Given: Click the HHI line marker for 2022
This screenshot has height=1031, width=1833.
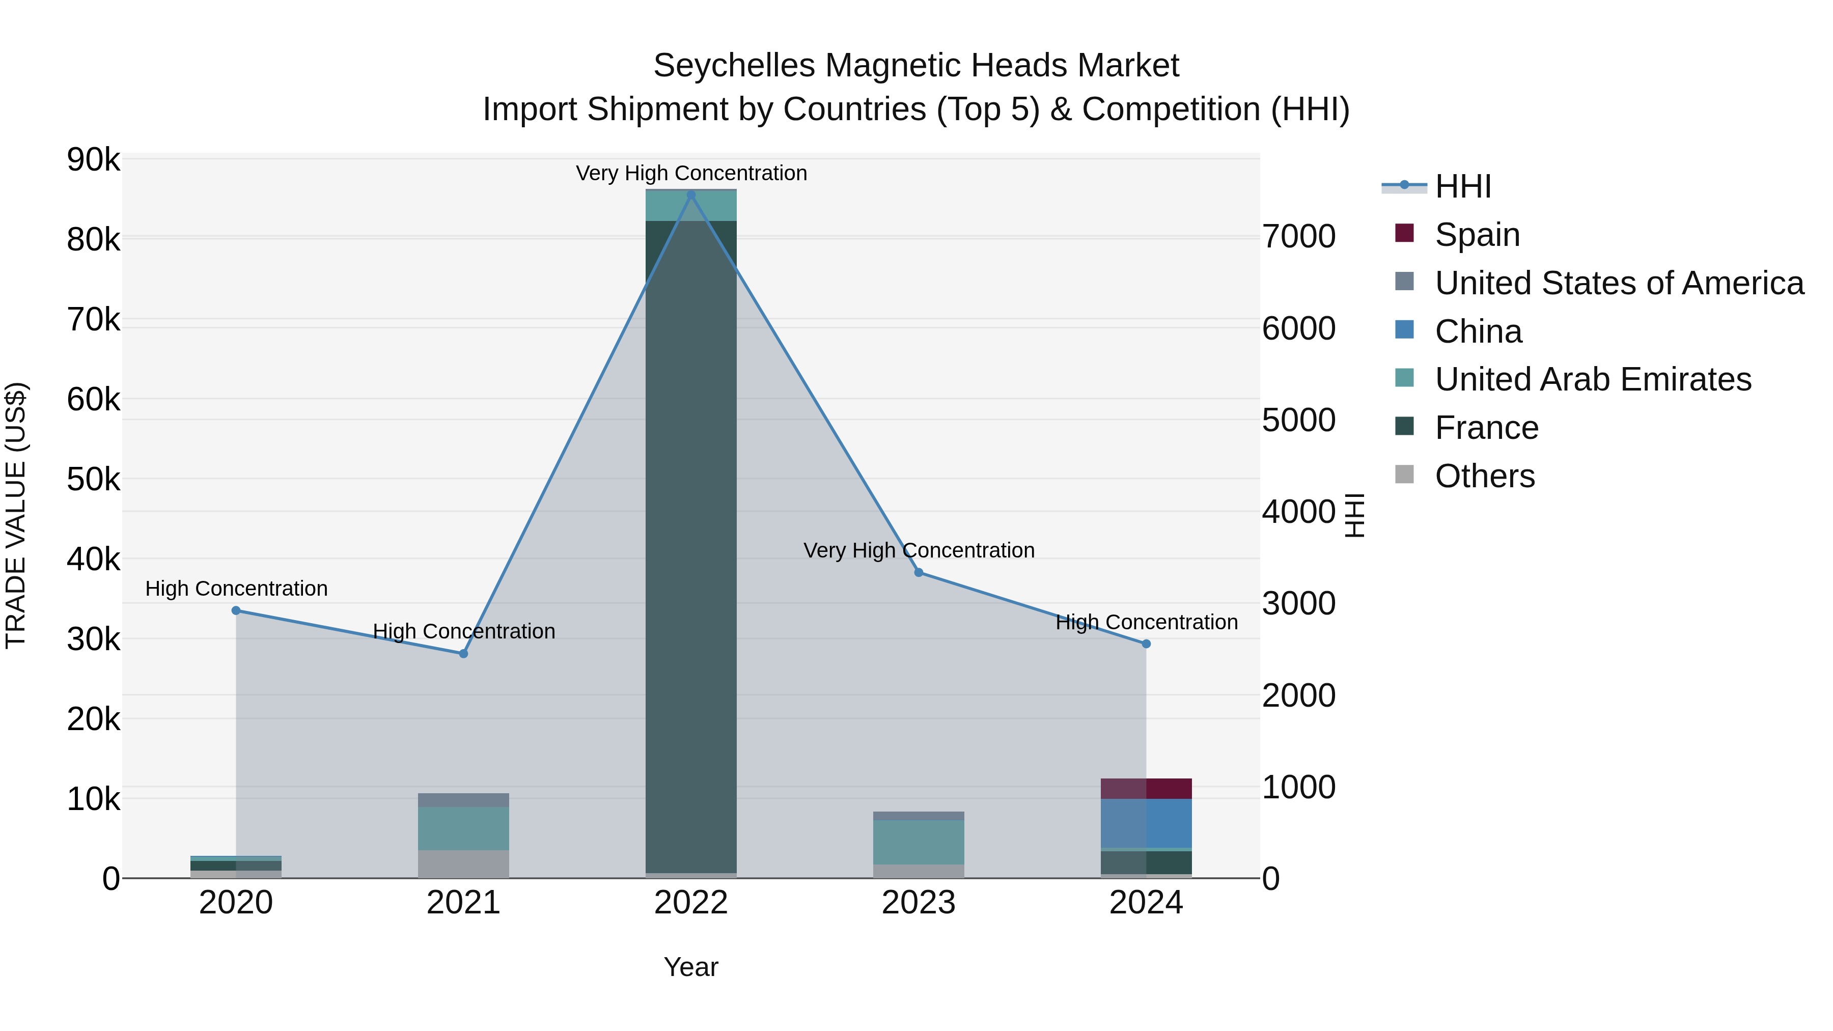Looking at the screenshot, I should click(691, 195).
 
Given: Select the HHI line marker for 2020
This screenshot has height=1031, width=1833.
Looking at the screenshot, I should click(236, 610).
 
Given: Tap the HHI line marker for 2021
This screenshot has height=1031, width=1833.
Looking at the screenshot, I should click(463, 654).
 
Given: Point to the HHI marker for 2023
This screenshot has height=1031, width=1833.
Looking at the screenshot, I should click(919, 573).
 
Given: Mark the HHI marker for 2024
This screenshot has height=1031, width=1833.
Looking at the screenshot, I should click(1146, 644).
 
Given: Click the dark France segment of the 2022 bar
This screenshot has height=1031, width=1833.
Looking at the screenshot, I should click(691, 541).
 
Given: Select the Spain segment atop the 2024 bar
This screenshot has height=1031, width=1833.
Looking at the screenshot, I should click(1146, 788).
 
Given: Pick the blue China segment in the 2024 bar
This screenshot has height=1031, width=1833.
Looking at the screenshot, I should click(1146, 823).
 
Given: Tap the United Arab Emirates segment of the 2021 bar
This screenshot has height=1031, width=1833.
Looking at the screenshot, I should click(463, 828).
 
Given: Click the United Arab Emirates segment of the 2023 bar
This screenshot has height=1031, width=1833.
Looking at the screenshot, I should click(919, 843).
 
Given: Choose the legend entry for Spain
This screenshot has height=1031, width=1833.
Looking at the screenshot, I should click(1477, 235).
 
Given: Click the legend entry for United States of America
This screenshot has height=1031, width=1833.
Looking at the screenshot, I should click(1619, 283).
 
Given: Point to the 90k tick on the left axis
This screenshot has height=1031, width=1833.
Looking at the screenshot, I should click(94, 160).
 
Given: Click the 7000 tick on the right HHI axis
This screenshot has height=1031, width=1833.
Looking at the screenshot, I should click(1298, 236).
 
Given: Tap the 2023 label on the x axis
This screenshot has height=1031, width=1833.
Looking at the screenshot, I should click(919, 903).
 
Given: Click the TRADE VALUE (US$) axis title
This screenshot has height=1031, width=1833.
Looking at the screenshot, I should click(16, 515).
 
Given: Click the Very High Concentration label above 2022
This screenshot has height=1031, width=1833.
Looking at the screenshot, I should click(691, 173).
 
